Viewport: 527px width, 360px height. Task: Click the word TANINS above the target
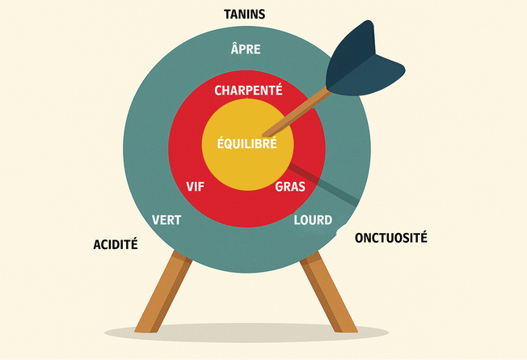point(244,15)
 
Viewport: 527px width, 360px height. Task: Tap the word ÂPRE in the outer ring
point(246,48)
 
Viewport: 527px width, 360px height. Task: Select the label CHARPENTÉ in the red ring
point(248,89)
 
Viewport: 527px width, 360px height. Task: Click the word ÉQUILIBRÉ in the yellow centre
point(247,142)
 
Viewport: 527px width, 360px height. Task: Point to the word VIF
point(196,187)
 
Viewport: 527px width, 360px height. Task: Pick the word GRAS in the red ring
point(290,187)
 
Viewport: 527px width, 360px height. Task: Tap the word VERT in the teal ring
point(167,220)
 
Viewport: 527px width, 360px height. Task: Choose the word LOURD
point(313,220)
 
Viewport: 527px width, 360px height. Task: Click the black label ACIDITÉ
point(116,244)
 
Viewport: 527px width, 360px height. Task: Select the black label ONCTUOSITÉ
point(391,237)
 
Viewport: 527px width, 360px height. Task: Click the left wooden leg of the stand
point(164,291)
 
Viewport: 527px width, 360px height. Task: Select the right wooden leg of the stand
point(328,291)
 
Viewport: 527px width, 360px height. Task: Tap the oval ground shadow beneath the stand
point(247,332)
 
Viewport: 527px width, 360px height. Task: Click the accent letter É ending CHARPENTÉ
point(278,89)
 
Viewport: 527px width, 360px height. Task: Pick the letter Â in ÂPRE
point(235,48)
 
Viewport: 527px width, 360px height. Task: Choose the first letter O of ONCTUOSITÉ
point(360,238)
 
